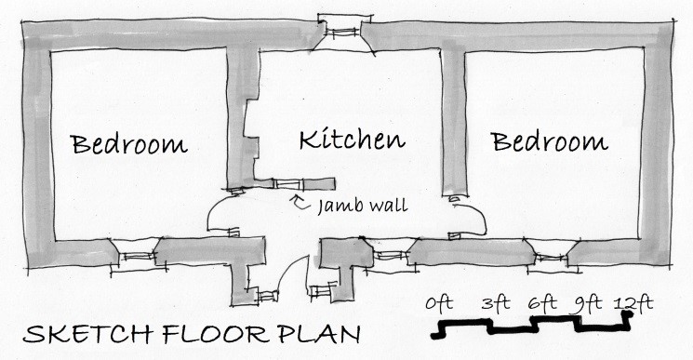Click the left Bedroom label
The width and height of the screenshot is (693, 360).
click(129, 144)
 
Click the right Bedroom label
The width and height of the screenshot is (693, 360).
click(550, 142)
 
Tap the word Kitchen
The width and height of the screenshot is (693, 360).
click(353, 140)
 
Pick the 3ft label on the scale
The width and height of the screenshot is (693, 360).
click(497, 303)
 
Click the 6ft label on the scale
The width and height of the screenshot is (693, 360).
click(542, 303)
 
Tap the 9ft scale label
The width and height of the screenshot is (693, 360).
click(586, 303)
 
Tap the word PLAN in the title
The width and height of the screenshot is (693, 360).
click(312, 336)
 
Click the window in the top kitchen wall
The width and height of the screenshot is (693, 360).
click(345, 32)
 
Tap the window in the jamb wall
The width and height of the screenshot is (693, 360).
click(294, 181)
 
